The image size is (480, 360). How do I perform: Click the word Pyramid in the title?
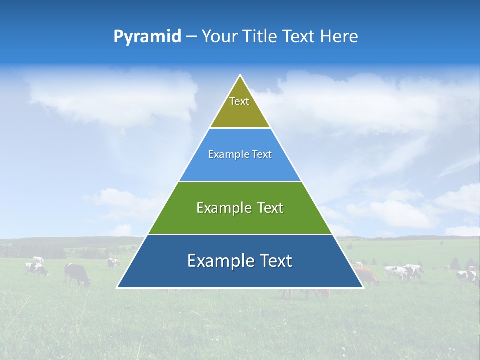(x=147, y=37)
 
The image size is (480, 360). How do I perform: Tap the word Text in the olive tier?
(x=239, y=101)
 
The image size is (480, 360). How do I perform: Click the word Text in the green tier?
(x=270, y=208)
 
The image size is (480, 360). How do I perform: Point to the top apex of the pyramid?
(x=240, y=76)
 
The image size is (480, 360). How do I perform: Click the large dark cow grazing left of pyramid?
(x=77, y=274)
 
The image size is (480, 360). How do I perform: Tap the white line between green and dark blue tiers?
(x=240, y=234)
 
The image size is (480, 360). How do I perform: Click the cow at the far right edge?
(x=467, y=276)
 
